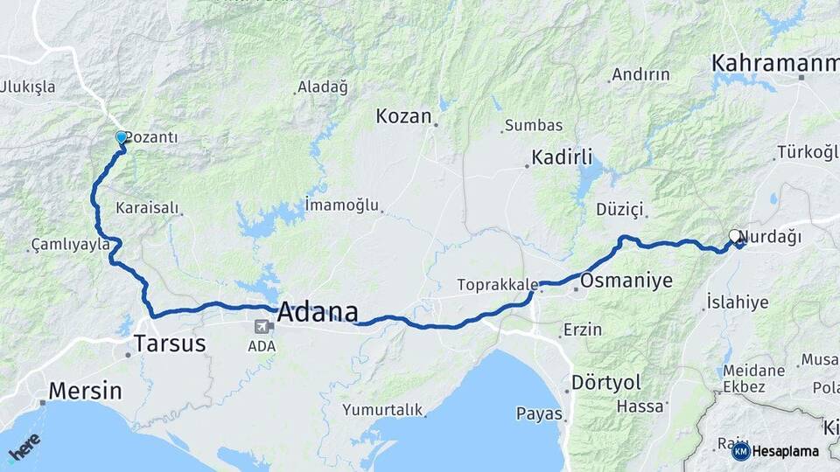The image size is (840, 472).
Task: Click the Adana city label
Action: click(x=318, y=312)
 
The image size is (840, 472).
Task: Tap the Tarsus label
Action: click(x=170, y=344)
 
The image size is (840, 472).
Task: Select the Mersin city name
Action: click(x=85, y=390)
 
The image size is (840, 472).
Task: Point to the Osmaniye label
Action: click(x=626, y=281)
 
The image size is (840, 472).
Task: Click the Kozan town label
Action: click(x=403, y=116)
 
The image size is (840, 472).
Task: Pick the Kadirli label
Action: click(x=562, y=159)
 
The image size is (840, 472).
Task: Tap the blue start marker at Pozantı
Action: click(x=122, y=137)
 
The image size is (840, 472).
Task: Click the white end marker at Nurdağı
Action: click(x=735, y=235)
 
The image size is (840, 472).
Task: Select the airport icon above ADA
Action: click(x=261, y=327)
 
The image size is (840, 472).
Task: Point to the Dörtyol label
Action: click(x=605, y=382)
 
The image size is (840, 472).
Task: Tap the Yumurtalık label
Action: click(x=382, y=409)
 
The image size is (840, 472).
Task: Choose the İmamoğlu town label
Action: click(x=342, y=205)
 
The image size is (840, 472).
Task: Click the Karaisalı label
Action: click(x=147, y=209)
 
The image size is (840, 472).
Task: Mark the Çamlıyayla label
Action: click(x=70, y=245)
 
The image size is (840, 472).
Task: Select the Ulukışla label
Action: click(x=28, y=87)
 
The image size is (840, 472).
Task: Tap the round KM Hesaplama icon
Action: click(x=740, y=451)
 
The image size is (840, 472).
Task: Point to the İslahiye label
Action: click(x=737, y=302)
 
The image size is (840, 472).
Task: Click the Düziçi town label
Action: click(x=619, y=210)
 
